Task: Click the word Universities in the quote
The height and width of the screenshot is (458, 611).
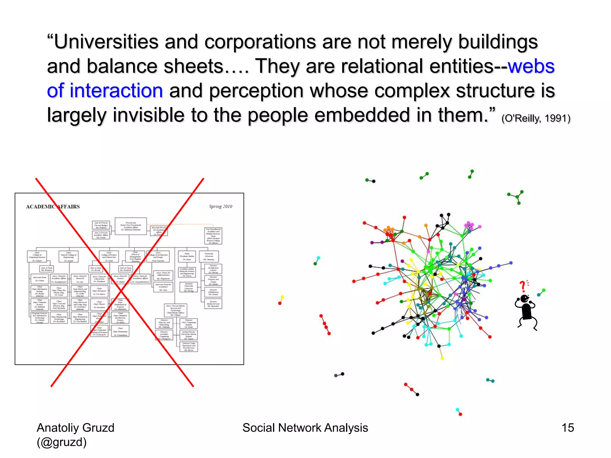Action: click(106, 42)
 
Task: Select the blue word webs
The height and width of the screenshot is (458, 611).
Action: click(531, 66)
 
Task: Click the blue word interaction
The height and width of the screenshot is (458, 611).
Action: click(116, 91)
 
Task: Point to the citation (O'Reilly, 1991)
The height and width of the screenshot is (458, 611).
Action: click(536, 118)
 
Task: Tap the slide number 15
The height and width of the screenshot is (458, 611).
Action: click(568, 428)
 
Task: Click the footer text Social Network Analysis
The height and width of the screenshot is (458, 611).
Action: click(305, 428)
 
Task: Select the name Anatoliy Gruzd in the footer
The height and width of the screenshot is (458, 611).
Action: click(75, 428)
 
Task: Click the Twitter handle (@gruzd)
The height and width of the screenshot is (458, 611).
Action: click(62, 442)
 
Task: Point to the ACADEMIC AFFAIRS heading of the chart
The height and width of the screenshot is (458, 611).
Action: click(53, 207)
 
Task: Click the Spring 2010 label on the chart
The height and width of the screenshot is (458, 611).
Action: click(220, 206)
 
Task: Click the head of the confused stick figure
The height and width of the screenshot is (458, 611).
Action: click(524, 298)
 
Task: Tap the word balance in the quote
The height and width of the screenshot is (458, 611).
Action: click(123, 66)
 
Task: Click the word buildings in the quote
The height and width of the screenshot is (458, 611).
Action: click(498, 42)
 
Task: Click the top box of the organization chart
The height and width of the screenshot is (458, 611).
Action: click(131, 226)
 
